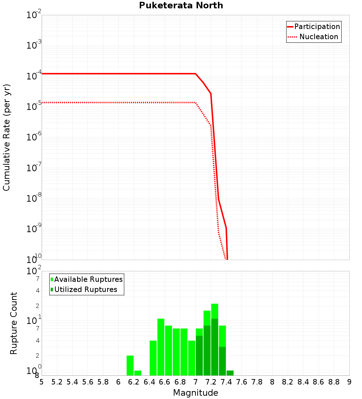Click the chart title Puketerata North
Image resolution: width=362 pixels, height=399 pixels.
click(181, 5)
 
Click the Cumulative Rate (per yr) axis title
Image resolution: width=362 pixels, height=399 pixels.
click(7, 137)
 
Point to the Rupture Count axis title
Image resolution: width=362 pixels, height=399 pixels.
click(14, 323)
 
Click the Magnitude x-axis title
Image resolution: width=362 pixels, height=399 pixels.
click(195, 393)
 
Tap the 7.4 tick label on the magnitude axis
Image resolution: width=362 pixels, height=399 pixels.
click(226, 382)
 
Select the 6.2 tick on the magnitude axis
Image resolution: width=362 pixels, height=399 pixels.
click(134, 382)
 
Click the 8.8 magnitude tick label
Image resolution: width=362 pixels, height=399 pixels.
click(334, 382)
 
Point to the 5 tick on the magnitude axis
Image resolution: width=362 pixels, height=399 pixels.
click(42, 382)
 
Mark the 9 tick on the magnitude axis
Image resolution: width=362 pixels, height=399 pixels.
click(349, 382)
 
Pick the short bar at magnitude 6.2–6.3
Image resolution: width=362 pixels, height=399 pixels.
click(138, 373)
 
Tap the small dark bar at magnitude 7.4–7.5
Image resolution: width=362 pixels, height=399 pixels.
click(230, 373)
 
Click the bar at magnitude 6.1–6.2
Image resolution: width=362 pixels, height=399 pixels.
click(130, 365)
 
